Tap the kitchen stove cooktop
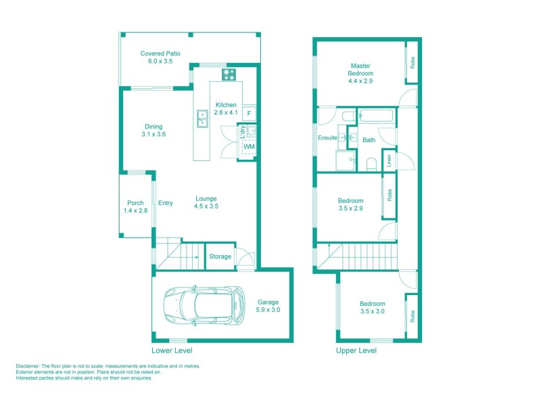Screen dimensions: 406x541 pos(229,75)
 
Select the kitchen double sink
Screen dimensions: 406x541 pos(202,119)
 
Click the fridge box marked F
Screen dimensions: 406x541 pos(250,114)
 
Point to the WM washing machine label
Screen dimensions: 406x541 pos(249,147)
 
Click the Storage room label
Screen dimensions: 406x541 pos(220,256)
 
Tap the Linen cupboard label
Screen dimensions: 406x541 pos(389,161)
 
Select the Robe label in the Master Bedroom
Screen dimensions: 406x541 pos(411,63)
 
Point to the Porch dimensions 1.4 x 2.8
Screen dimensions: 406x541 pos(135,211)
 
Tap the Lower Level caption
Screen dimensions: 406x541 pos(172,351)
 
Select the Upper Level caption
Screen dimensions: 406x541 pos(356,351)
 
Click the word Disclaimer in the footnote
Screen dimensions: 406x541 pos(28,366)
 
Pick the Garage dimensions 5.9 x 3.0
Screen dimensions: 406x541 pos(268,310)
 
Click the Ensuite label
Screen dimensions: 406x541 pos(328,138)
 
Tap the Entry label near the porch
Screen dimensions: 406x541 pos(166,203)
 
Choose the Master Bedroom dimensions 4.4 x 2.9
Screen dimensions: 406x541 pos(360,81)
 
